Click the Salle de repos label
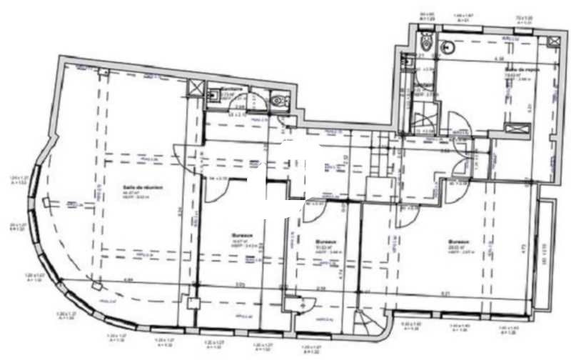coord(522,69)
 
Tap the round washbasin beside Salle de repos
coord(449,48)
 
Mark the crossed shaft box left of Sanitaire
coord(194,89)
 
